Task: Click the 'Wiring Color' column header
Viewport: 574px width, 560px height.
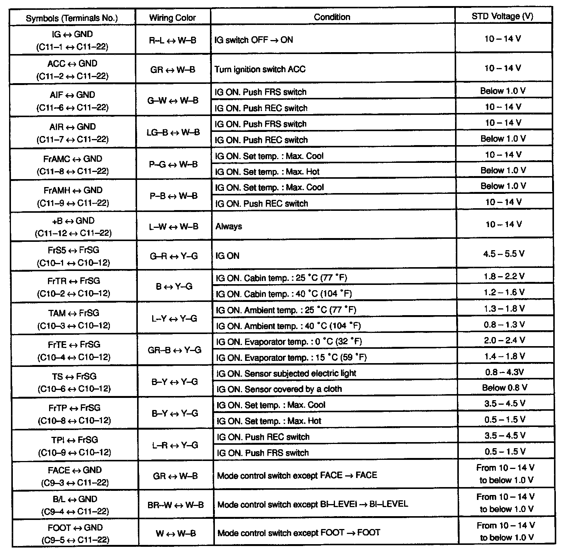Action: click(173, 18)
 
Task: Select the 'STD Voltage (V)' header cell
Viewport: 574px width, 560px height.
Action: click(503, 16)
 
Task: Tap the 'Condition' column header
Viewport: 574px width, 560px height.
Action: click(332, 17)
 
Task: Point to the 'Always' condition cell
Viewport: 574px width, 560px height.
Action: click(229, 226)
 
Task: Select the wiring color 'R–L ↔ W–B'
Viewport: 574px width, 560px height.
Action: click(173, 40)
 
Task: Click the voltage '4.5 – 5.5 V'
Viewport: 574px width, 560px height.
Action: click(504, 254)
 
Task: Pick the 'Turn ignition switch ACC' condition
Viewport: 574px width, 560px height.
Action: click(260, 70)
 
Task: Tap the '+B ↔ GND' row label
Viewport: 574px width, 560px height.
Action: click(73, 227)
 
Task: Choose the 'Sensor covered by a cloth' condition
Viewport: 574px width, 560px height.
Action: click(279, 389)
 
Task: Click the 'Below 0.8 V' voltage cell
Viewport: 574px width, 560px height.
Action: click(505, 388)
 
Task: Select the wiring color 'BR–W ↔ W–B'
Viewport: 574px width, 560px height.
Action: click(176, 505)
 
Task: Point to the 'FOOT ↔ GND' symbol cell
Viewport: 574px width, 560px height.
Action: click(75, 534)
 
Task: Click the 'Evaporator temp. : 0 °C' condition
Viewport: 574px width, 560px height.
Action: click(289, 342)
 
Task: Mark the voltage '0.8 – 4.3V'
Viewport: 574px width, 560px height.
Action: click(505, 372)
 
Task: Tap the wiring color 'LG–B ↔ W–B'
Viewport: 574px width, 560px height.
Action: click(173, 133)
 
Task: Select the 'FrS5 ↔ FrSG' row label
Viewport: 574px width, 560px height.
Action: click(74, 256)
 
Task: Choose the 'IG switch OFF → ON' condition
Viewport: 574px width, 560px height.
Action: click(253, 40)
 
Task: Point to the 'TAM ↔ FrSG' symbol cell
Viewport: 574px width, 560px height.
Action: click(74, 319)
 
